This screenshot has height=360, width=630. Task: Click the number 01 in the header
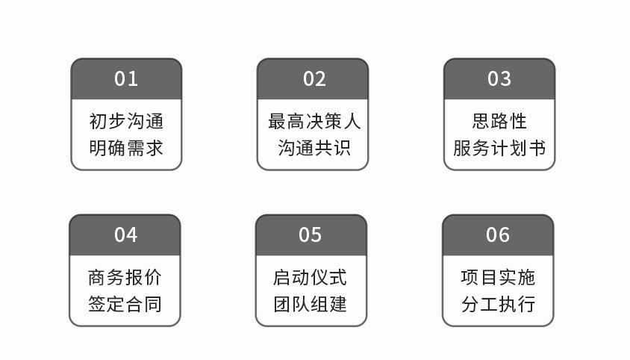coord(126,79)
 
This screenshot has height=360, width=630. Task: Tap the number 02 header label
coord(314,79)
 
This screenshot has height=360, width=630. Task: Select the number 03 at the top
coord(499,79)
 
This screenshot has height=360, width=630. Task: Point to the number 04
coord(125,235)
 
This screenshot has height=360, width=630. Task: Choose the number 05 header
coord(311,235)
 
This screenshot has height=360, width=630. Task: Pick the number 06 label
coord(498,235)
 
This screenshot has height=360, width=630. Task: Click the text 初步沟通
coord(126,121)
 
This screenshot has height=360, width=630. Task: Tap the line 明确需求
coord(126,148)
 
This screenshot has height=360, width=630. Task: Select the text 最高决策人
coord(314,121)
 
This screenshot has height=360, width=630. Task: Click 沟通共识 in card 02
coord(314,148)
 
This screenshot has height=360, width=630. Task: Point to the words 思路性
coord(499,121)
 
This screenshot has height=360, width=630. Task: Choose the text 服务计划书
coord(499,148)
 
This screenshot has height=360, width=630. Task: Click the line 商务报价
coord(125,277)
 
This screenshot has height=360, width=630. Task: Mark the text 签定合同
coord(125,304)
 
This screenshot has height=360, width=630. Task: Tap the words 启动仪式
coord(311,277)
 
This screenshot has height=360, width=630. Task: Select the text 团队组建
coord(311,304)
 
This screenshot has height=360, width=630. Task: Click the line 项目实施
coord(498,277)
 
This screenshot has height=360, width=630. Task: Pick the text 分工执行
coord(498,304)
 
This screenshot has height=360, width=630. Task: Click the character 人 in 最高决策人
coord(352,121)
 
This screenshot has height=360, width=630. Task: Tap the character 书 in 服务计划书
coord(537,148)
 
